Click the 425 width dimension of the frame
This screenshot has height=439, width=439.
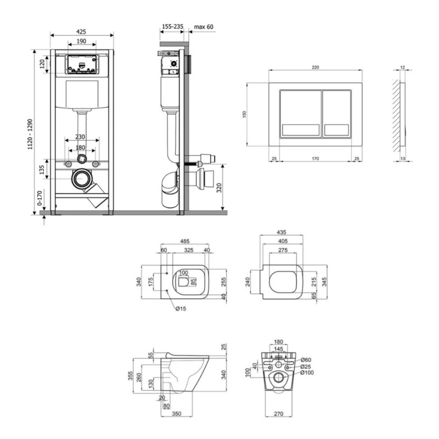(x=81, y=32)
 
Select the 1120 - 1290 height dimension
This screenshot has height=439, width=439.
(x=30, y=134)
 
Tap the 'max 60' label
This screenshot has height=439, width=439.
(x=204, y=27)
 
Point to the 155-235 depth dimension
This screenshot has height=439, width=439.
(x=172, y=26)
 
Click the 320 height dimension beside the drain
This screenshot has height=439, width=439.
(x=219, y=188)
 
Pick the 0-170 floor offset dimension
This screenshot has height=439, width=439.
(x=40, y=198)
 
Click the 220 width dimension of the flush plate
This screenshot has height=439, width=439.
(x=315, y=67)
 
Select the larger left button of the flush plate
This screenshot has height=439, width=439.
(x=301, y=114)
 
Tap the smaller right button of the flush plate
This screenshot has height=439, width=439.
(x=337, y=114)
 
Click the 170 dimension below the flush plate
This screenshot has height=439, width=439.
(x=315, y=159)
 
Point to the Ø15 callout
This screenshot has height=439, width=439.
(x=181, y=308)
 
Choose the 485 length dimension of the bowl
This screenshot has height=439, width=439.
(x=185, y=241)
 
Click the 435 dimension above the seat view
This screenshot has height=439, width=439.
(x=282, y=232)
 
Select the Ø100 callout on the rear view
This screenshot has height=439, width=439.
(x=307, y=373)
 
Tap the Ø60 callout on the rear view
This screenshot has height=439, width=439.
(x=306, y=360)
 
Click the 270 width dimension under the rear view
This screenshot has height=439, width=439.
(x=279, y=414)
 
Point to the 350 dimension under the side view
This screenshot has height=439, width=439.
(x=177, y=414)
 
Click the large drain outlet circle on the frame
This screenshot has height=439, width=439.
(x=82, y=179)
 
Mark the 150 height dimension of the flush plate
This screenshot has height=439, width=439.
(x=244, y=114)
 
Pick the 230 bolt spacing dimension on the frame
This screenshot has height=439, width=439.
(x=80, y=137)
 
